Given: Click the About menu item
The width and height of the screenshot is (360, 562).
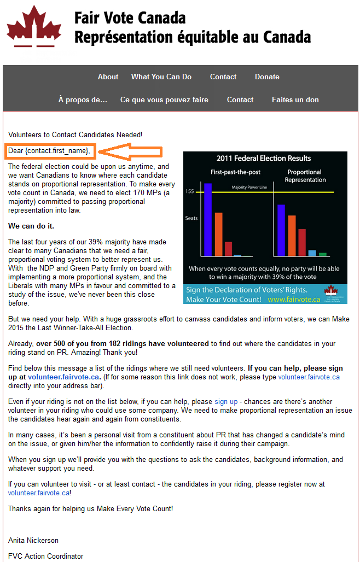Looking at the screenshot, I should (x=108, y=77).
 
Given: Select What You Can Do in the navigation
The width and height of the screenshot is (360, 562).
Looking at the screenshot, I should (x=161, y=77).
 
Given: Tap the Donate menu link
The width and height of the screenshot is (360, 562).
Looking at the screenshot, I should (x=267, y=77).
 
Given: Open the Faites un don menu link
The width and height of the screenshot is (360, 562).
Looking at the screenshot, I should (x=295, y=100).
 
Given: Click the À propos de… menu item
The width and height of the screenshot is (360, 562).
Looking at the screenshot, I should (x=83, y=100).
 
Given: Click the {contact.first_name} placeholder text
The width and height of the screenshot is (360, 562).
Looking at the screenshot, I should (x=57, y=150).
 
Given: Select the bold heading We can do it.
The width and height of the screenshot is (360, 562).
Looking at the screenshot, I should (x=31, y=226).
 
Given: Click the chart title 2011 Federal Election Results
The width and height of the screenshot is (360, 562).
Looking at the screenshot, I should (x=264, y=159).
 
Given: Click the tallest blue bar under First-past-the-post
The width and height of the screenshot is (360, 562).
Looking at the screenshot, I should (x=207, y=219).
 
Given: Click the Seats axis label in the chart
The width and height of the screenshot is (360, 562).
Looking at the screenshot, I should (x=191, y=218).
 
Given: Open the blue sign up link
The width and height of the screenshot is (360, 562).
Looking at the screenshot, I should (x=226, y=402).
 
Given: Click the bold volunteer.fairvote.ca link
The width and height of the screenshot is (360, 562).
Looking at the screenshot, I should (x=63, y=377).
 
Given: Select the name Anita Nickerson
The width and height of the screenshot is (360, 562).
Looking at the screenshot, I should (x=33, y=541).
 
